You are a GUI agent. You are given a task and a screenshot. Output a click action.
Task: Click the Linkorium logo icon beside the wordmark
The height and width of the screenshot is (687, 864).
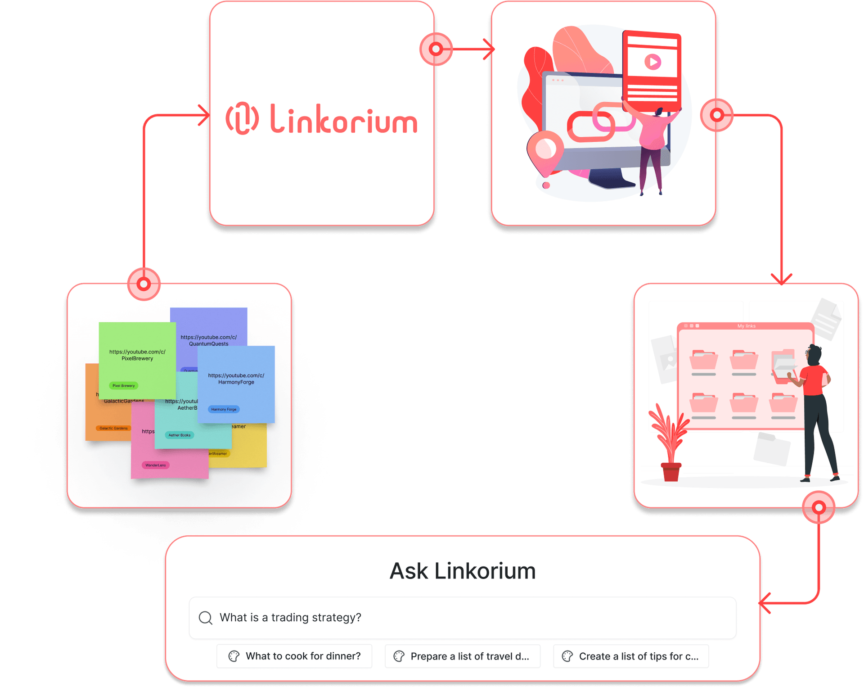[242, 118]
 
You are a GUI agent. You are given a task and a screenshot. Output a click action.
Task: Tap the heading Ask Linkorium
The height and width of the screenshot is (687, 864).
[462, 571]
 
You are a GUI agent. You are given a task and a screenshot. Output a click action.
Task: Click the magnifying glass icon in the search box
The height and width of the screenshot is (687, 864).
[206, 618]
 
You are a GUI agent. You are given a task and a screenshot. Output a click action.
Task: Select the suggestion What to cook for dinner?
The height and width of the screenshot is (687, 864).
[294, 656]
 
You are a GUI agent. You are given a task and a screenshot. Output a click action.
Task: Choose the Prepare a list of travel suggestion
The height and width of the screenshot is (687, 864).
[462, 656]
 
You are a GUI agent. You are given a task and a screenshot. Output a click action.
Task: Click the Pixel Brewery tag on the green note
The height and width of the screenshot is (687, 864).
[123, 385]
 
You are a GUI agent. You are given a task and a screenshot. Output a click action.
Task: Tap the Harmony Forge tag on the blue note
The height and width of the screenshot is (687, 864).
[224, 409]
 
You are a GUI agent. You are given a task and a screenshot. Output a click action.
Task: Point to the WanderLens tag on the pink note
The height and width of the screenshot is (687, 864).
[155, 465]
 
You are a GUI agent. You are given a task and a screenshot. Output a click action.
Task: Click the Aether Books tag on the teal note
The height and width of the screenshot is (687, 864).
[179, 435]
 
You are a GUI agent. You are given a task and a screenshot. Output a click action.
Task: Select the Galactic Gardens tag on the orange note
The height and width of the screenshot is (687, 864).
[113, 428]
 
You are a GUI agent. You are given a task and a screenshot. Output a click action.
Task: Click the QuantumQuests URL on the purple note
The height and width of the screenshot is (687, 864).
[208, 340]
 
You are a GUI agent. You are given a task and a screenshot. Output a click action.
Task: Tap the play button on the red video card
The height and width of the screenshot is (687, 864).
[652, 62]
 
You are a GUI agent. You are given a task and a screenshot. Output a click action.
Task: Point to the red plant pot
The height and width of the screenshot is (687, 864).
[671, 472]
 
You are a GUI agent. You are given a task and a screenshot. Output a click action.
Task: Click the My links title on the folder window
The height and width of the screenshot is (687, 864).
[746, 326]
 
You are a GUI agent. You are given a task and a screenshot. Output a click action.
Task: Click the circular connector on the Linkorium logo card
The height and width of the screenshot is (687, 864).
[436, 49]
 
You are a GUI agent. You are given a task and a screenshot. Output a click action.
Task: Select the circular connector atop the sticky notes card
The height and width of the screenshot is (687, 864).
[144, 284]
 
